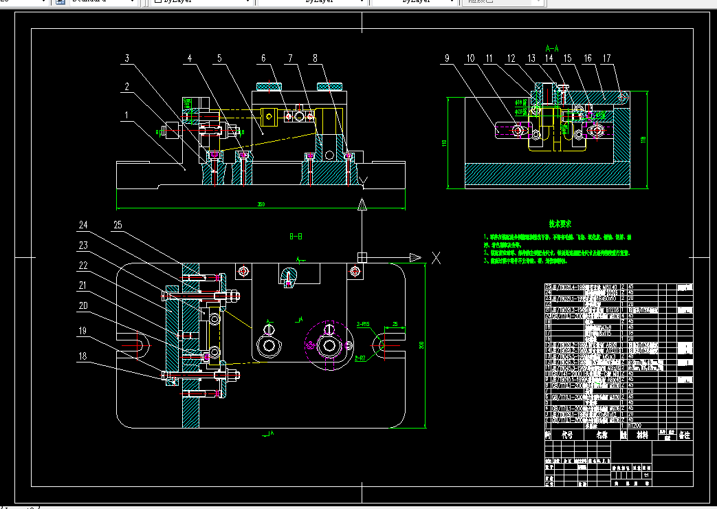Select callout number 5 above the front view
click(220, 59)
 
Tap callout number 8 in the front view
click(316, 59)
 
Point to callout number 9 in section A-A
click(448, 59)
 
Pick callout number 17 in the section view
click(606, 59)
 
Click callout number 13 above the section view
click(531, 59)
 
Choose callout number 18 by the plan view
click(83, 356)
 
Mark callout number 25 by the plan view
click(118, 225)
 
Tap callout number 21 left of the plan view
click(83, 285)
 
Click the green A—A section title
click(551, 48)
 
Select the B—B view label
click(296, 236)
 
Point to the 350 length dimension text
click(261, 204)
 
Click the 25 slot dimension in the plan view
click(395, 323)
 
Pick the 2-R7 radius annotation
click(364, 358)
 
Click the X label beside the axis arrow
click(435, 257)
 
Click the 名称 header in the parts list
click(602, 435)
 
